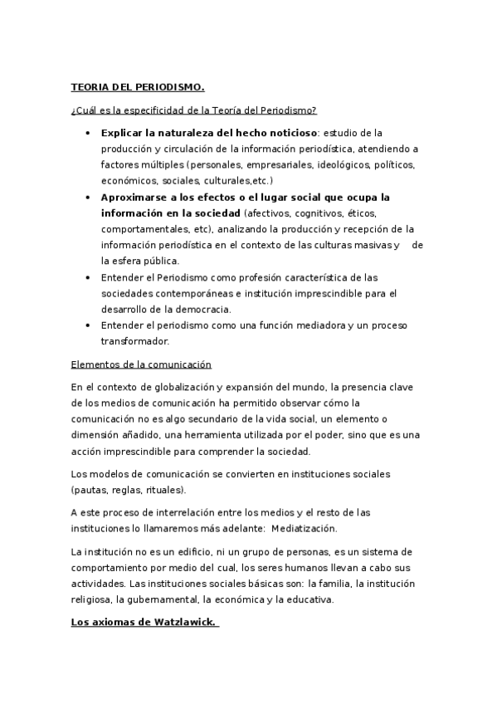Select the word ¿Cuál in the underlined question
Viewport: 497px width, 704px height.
84,110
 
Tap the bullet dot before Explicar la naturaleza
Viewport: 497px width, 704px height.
88,133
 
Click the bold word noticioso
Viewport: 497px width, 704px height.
292,133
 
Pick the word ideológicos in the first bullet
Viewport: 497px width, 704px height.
341,164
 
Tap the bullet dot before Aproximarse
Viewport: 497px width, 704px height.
88,197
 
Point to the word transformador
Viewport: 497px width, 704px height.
135,340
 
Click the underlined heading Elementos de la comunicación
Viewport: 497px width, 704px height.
141,364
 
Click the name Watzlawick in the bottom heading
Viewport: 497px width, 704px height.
178,623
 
